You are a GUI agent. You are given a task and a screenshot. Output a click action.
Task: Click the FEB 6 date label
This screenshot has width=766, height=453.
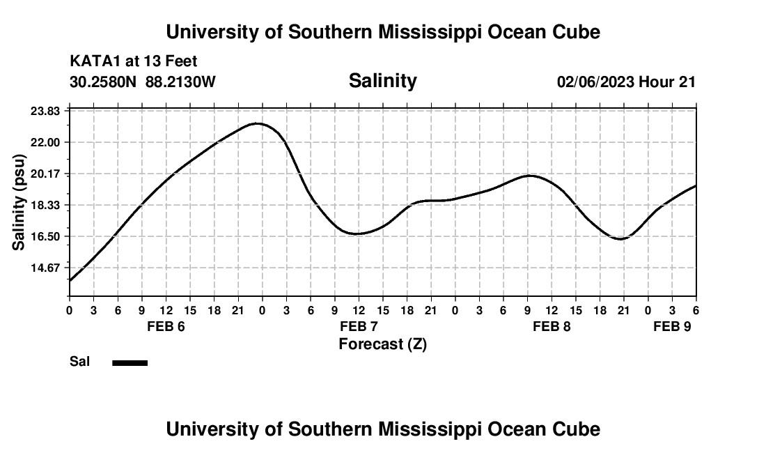[166, 327]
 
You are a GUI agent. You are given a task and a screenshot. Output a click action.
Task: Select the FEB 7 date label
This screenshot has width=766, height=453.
[359, 327]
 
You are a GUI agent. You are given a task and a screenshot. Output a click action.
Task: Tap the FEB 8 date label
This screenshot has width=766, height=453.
[552, 327]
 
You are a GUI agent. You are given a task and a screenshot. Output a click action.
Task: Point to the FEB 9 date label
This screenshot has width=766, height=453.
[671, 327]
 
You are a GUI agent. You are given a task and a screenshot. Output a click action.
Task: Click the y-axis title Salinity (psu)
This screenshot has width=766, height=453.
[19, 202]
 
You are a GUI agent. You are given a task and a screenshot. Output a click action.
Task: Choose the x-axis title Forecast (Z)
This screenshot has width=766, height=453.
[382, 344]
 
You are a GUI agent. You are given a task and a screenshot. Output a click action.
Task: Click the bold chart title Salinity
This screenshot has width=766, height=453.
[382, 81]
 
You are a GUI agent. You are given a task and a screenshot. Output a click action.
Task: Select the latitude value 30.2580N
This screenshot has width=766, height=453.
[104, 82]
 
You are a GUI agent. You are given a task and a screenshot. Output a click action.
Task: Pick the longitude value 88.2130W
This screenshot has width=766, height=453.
[180, 82]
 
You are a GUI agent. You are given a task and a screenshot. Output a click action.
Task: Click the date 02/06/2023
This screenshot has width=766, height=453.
[595, 82]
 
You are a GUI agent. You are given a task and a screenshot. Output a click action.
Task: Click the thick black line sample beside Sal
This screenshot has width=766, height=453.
[130, 362]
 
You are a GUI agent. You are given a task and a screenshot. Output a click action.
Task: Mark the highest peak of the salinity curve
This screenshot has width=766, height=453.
[258, 123]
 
